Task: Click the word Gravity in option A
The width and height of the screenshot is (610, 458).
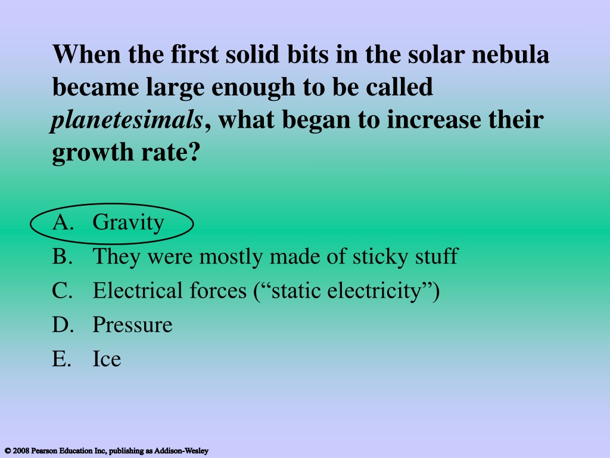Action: [128, 223]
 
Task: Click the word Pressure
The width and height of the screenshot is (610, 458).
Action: [132, 325]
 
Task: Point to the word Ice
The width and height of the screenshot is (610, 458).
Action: [107, 358]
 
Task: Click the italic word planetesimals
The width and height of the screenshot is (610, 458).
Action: [127, 120]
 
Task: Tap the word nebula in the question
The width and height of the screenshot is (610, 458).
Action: [511, 54]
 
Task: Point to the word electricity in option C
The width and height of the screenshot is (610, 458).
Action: [374, 291]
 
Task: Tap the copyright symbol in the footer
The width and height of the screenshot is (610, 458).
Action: [7, 451]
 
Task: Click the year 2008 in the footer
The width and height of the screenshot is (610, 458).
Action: [21, 451]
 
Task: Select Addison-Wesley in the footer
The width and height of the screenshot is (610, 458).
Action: [181, 451]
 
